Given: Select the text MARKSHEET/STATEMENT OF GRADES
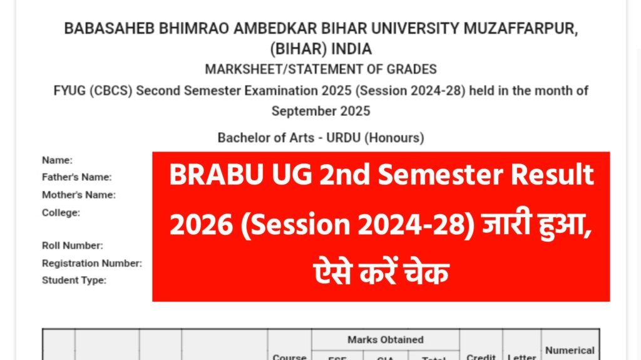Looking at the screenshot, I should pyautogui.click(x=320, y=69).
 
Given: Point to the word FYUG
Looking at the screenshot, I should pyautogui.click(x=70, y=91).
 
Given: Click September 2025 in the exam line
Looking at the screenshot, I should pyautogui.click(x=320, y=111).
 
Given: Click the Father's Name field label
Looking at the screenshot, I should pyautogui.click(x=76, y=177).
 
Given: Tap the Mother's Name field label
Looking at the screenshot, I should pyautogui.click(x=78, y=195).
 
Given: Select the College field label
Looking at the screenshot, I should pyautogui.click(x=61, y=212).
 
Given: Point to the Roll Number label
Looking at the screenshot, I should pyautogui.click(x=72, y=245).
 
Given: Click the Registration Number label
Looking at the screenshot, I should pyautogui.click(x=91, y=263).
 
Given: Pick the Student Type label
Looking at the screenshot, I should pyautogui.click(x=74, y=280).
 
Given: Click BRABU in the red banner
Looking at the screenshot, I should pyautogui.click(x=206, y=175).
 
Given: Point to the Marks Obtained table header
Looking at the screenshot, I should pyautogui.click(x=385, y=339).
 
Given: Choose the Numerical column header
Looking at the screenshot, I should pyautogui.click(x=570, y=351).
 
